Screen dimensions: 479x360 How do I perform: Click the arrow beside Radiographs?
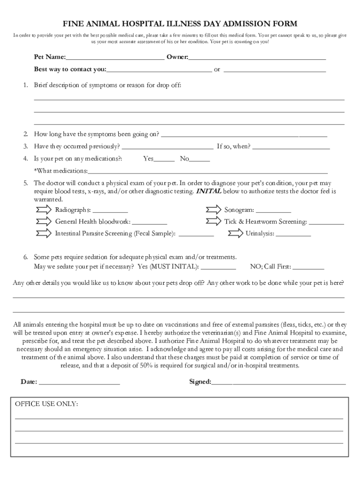(x=43, y=210)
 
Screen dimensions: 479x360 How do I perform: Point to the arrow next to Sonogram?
(x=213, y=210)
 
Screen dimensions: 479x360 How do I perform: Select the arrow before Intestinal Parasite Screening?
(x=43, y=233)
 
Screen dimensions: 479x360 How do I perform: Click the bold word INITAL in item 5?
(x=209, y=191)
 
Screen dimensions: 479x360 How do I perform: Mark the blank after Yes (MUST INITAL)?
(x=218, y=269)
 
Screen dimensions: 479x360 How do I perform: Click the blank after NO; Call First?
(x=308, y=269)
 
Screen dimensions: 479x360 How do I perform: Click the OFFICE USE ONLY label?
(x=47, y=404)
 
